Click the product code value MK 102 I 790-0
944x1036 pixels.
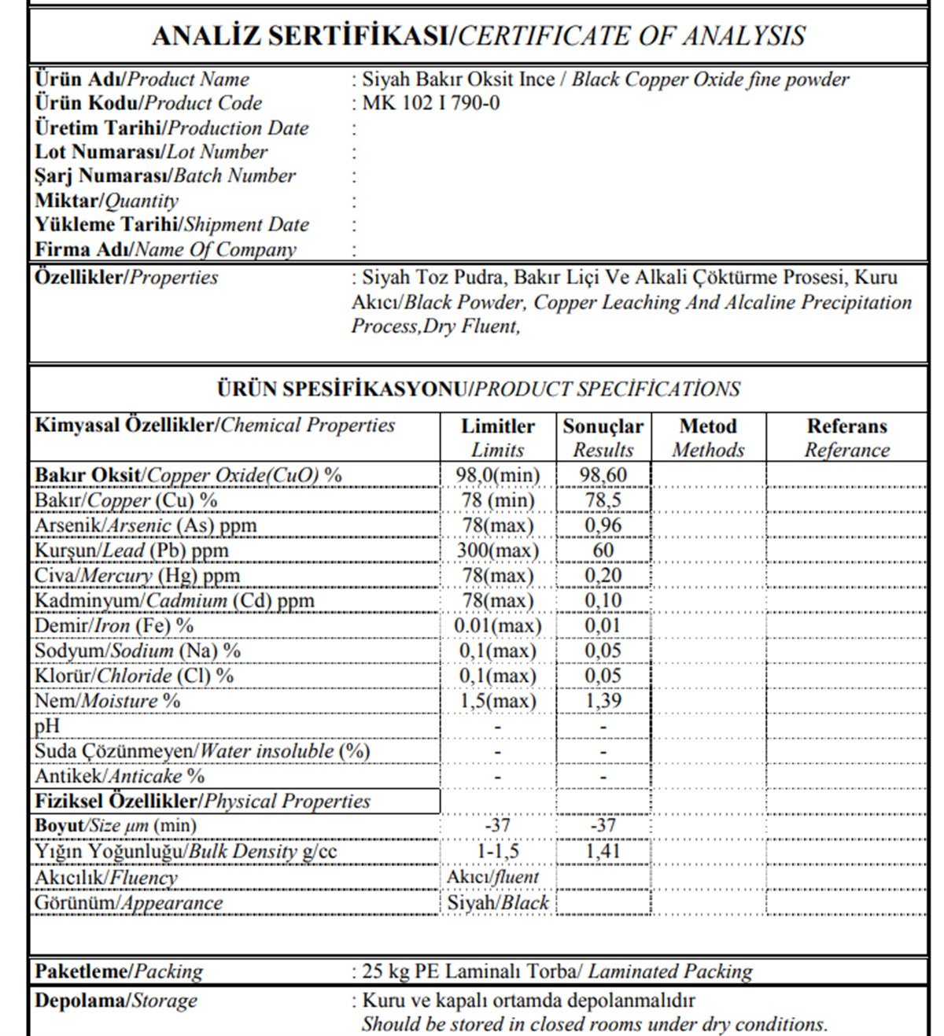tap(430, 103)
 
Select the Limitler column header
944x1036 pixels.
tap(497, 426)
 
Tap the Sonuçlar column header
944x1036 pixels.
tap(603, 426)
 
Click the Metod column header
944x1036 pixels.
tap(707, 426)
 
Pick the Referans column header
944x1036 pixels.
tap(846, 426)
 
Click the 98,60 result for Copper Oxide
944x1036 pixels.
tap(603, 475)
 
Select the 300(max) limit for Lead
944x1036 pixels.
tap(497, 550)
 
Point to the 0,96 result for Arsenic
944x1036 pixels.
tap(603, 525)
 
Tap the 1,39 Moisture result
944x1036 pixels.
tap(603, 700)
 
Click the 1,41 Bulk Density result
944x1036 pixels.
tap(603, 850)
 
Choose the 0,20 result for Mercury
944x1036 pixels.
tap(603, 575)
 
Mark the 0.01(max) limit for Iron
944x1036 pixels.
tap(497, 625)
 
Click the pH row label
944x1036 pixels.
tap(47, 725)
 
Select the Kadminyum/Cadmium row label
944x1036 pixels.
tap(174, 600)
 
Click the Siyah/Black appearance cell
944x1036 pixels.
tap(497, 902)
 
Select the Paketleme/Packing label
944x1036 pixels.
tap(119, 971)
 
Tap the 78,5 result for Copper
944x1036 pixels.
tap(603, 500)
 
